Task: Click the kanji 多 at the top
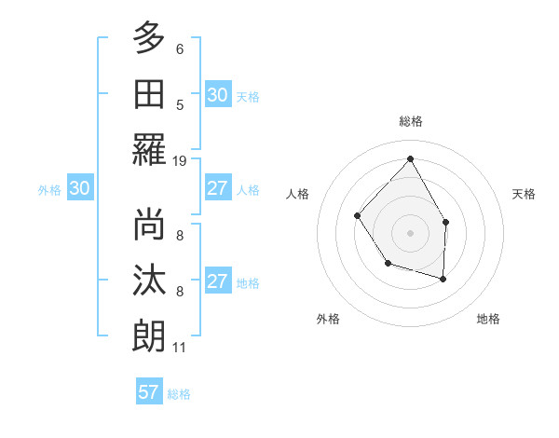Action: tap(149, 38)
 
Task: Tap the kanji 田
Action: tap(149, 94)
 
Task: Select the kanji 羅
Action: tap(149, 150)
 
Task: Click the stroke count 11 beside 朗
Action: tap(180, 348)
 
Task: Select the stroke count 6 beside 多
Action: tap(180, 48)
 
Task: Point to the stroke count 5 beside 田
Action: tap(180, 104)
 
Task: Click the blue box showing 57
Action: tap(148, 392)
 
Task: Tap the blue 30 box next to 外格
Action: tap(79, 188)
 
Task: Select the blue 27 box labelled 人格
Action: tap(217, 188)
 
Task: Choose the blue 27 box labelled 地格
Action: tap(217, 281)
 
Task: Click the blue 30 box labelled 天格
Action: tap(217, 94)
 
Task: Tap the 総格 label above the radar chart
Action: tap(410, 121)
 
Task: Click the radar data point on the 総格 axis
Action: tap(410, 158)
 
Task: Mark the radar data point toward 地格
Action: tap(443, 279)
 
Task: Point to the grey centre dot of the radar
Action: tap(410, 232)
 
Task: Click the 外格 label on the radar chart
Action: tap(328, 319)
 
